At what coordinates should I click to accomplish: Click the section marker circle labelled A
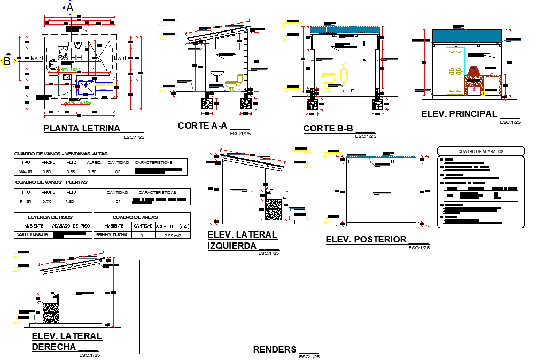pos(69,7)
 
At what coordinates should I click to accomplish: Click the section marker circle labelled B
pos(7,61)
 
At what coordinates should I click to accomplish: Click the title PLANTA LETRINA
pos(83,128)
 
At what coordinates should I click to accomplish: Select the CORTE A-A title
pos(203,126)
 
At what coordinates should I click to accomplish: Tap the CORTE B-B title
pos(329,129)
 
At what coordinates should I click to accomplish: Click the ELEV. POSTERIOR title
pos(367,240)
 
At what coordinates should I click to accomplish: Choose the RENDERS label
pos(275,349)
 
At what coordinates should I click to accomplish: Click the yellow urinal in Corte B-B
pos(345,74)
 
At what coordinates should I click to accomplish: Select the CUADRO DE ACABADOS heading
pos(480,152)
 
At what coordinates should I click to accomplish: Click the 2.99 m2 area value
pos(172,235)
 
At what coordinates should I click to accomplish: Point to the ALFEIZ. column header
pos(94,162)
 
